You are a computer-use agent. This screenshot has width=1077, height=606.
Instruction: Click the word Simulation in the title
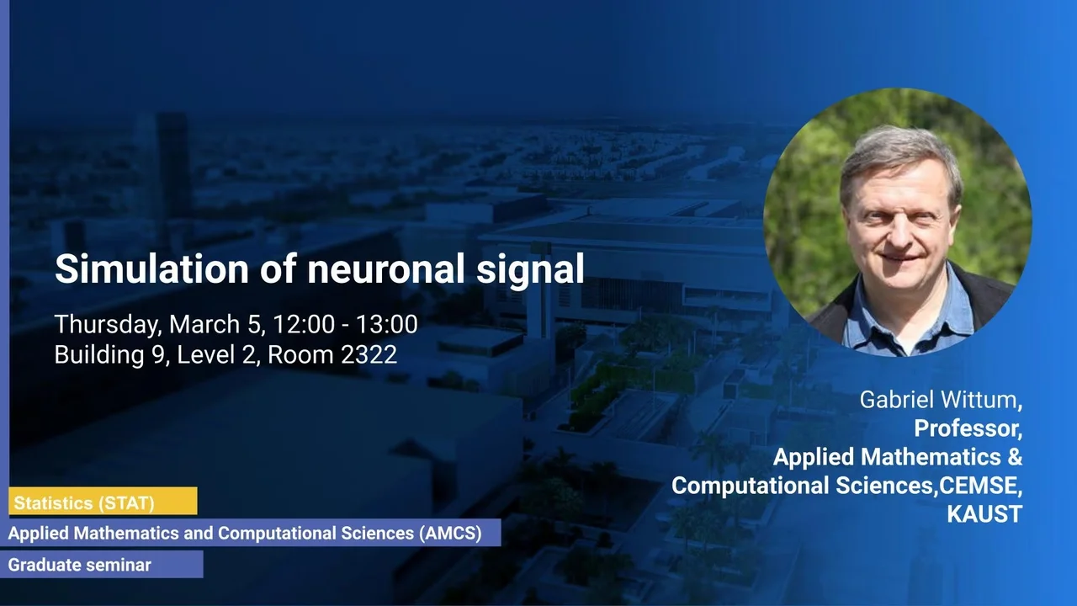tap(151, 268)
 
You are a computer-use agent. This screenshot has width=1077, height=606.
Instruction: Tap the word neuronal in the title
tap(386, 268)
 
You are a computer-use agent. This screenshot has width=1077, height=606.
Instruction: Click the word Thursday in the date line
tap(109, 325)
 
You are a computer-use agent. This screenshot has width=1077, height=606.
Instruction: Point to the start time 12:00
tap(304, 324)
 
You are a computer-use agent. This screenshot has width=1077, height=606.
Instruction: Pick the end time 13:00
tap(387, 324)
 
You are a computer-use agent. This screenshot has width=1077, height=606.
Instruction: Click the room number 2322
tap(369, 354)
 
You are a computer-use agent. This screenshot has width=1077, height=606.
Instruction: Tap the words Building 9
tap(109, 356)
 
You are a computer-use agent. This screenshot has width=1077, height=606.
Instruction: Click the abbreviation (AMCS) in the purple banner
tap(450, 533)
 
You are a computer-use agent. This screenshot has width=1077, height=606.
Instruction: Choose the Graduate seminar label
tap(80, 565)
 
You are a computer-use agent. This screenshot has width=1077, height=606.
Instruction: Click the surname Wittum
tap(981, 400)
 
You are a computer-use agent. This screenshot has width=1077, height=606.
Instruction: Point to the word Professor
tap(968, 428)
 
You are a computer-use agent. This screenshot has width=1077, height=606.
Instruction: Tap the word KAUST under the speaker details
tap(984, 514)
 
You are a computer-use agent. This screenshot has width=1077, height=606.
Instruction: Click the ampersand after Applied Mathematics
tap(1015, 456)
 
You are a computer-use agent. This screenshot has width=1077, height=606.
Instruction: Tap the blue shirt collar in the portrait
tap(866, 308)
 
